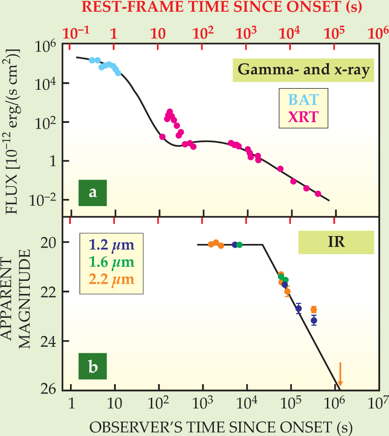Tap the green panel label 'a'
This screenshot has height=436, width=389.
point(92,192)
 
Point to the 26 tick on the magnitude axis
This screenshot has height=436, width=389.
point(49,390)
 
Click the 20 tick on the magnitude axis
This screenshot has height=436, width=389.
point(49,243)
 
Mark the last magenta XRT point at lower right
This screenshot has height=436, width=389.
point(318,193)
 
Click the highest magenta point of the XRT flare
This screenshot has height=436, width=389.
point(170,112)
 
